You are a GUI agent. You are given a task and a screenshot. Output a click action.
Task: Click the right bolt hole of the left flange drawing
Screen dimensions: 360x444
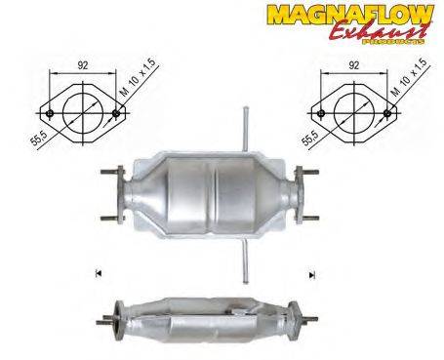[x=116, y=112]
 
